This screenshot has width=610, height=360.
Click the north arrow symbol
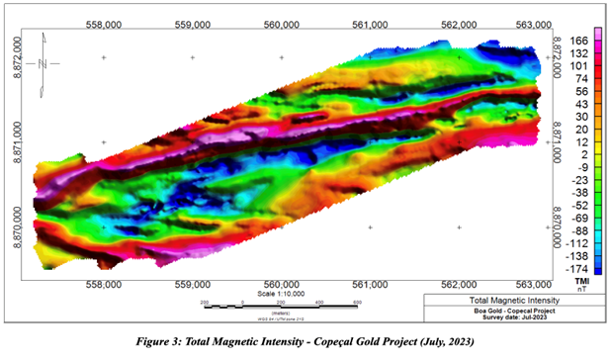[43, 64]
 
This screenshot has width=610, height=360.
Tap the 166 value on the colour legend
[580, 41]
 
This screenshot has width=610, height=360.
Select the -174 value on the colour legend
[580, 269]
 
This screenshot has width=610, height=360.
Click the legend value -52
[580, 205]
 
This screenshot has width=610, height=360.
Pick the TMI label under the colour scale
[582, 281]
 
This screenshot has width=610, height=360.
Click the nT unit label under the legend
[582, 290]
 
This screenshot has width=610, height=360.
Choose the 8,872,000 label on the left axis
[15, 57]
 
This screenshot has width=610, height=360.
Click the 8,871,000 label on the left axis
[15, 141]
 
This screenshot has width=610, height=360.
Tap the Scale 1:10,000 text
[283, 293]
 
